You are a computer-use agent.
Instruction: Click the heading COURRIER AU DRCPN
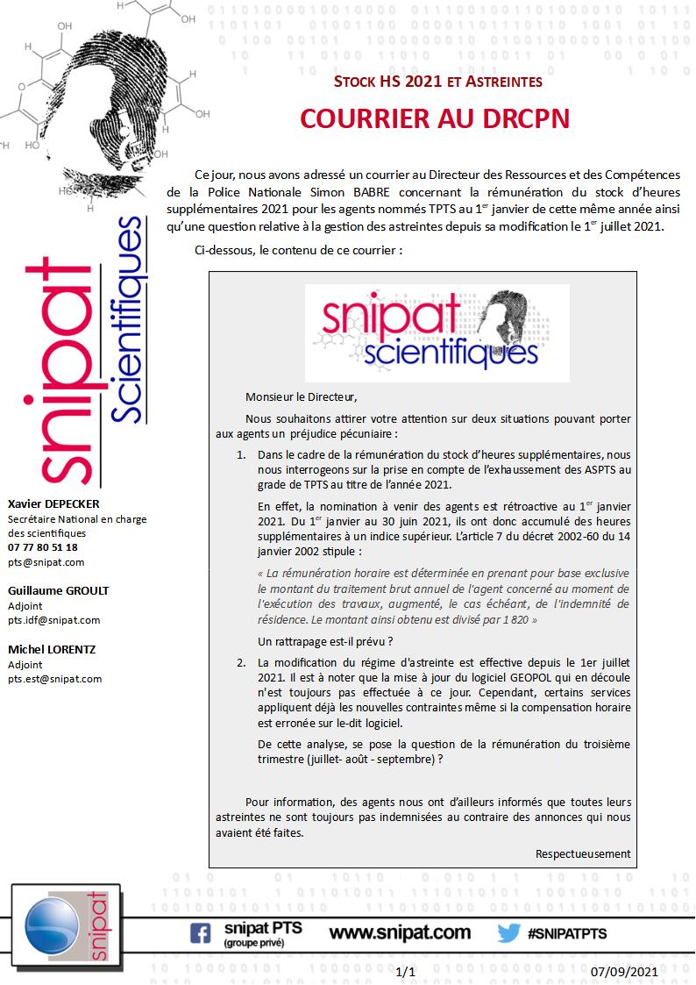(x=435, y=118)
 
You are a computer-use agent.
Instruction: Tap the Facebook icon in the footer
(x=201, y=933)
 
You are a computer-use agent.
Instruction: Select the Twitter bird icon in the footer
(x=509, y=932)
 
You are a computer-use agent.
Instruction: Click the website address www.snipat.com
(x=400, y=932)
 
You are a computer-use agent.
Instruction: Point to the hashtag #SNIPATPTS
(x=567, y=933)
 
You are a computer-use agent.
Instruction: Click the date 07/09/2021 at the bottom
(x=623, y=972)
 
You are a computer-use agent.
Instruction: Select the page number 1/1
(x=406, y=972)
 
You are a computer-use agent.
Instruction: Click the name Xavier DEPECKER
(x=53, y=504)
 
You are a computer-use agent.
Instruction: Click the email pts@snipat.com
(x=46, y=562)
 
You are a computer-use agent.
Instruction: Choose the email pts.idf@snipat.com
(x=53, y=620)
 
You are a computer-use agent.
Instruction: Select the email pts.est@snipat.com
(x=54, y=678)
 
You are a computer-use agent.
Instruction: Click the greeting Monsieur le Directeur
(x=302, y=396)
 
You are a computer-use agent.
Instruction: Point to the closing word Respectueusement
(x=583, y=853)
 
